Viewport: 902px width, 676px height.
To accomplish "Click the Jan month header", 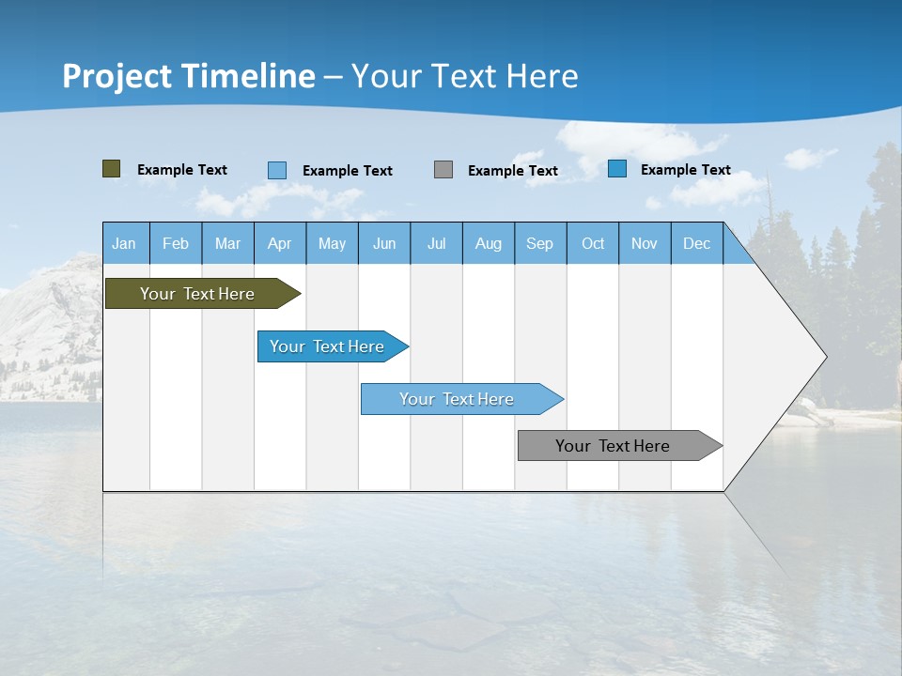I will (125, 243).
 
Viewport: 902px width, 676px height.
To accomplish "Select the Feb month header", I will (176, 243).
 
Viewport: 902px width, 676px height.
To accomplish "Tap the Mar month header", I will (227, 243).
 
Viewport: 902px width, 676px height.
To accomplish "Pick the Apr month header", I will (280, 243).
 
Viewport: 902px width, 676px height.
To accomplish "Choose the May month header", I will (332, 243).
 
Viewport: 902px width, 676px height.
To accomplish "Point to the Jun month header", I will (384, 243).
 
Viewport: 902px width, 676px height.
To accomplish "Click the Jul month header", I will (436, 243).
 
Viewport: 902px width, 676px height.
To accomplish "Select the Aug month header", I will (489, 243).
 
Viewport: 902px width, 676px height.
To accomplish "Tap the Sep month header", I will (540, 243).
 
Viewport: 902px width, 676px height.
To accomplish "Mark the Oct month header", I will (593, 243).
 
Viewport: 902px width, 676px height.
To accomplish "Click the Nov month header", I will (645, 243).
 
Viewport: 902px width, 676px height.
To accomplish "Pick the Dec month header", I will (697, 243).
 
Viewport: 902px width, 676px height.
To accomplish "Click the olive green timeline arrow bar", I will (198, 294).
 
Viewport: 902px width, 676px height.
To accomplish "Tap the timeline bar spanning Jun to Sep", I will (458, 399).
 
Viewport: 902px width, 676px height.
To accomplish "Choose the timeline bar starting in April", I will (328, 346).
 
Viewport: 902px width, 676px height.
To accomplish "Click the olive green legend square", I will (112, 169).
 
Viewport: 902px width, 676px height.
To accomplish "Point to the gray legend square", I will (443, 169).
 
